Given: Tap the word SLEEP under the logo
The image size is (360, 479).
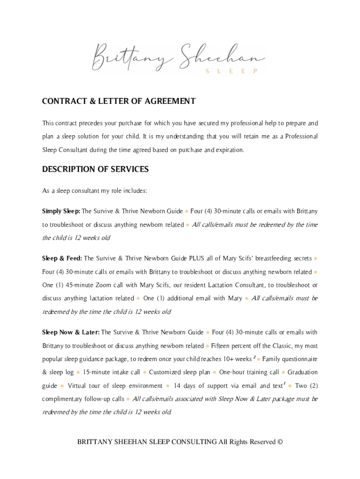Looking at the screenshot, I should coord(231,71).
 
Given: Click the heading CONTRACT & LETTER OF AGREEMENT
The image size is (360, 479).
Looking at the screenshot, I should coord(119,102).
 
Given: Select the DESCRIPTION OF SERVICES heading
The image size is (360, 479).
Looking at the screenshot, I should coord(95,169).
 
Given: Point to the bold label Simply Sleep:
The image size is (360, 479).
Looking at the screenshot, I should coord(61,211).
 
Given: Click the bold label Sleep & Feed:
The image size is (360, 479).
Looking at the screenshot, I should coord(62,258).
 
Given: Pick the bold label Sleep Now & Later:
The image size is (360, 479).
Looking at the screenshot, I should coord(71,333).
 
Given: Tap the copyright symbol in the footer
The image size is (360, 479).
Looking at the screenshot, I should coord(280,442).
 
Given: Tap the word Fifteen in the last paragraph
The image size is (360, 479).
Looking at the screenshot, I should coord(221,346).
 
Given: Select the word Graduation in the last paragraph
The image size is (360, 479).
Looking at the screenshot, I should coord(302,372).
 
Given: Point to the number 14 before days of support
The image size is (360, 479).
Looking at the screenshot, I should coord(177,386).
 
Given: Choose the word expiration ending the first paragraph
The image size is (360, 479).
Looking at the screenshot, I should coord(229,150).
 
